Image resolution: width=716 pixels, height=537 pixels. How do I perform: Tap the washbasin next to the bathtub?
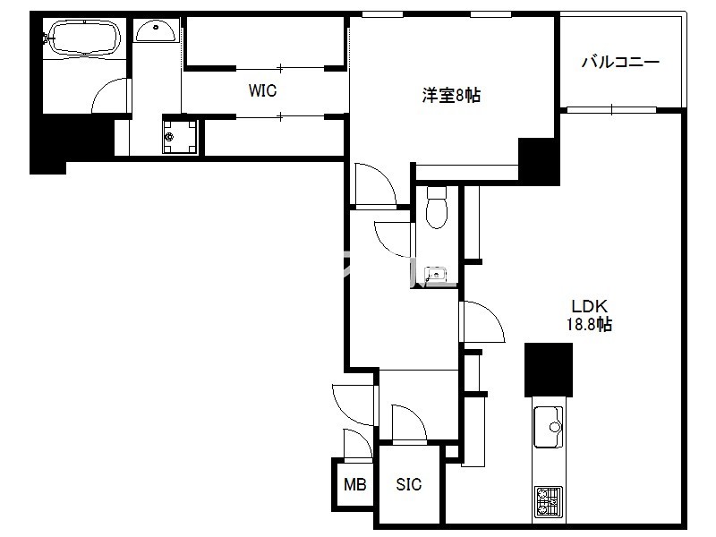[155, 31]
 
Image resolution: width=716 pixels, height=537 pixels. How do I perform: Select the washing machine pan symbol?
[180, 137]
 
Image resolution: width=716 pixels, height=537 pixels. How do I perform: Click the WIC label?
[262, 90]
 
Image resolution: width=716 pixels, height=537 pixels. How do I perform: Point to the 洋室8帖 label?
[451, 96]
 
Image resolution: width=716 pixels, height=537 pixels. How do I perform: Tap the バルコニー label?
[620, 62]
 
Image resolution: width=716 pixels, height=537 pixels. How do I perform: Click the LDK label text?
[589, 305]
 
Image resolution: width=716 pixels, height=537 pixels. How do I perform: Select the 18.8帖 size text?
[589, 324]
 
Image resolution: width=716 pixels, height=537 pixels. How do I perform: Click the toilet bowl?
[437, 208]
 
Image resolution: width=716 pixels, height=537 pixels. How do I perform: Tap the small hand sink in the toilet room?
[436, 275]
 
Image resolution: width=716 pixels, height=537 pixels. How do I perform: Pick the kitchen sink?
[549, 427]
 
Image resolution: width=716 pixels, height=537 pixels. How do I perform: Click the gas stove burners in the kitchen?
[549, 501]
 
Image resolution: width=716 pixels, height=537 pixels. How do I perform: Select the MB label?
[354, 484]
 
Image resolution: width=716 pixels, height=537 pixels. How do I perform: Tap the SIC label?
[409, 484]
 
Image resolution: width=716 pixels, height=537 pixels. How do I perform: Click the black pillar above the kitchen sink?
[549, 370]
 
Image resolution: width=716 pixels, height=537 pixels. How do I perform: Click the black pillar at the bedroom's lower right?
[539, 161]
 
